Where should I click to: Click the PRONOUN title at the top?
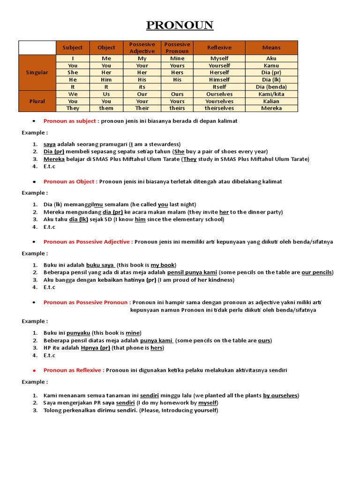click(x=180, y=25)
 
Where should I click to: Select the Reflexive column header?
click(x=219, y=47)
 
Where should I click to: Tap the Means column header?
click(x=271, y=47)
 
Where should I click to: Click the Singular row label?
click(x=37, y=73)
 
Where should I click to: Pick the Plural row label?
click(x=37, y=101)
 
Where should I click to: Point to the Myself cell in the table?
click(x=219, y=59)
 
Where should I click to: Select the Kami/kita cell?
click(x=271, y=94)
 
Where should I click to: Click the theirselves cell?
click(x=219, y=108)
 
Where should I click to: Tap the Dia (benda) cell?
click(x=271, y=87)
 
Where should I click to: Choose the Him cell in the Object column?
click(x=106, y=80)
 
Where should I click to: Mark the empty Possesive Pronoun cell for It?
click(x=177, y=87)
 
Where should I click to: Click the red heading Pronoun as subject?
click(x=71, y=121)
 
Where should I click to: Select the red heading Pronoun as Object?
click(x=70, y=181)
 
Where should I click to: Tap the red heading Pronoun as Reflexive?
click(x=74, y=370)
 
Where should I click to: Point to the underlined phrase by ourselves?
click(x=280, y=396)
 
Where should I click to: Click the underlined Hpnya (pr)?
click(x=95, y=348)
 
